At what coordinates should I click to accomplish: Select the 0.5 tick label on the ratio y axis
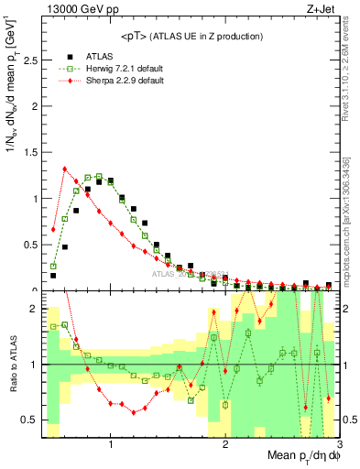click(x=28, y=420)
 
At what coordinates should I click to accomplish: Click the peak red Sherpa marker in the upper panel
click(x=65, y=169)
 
